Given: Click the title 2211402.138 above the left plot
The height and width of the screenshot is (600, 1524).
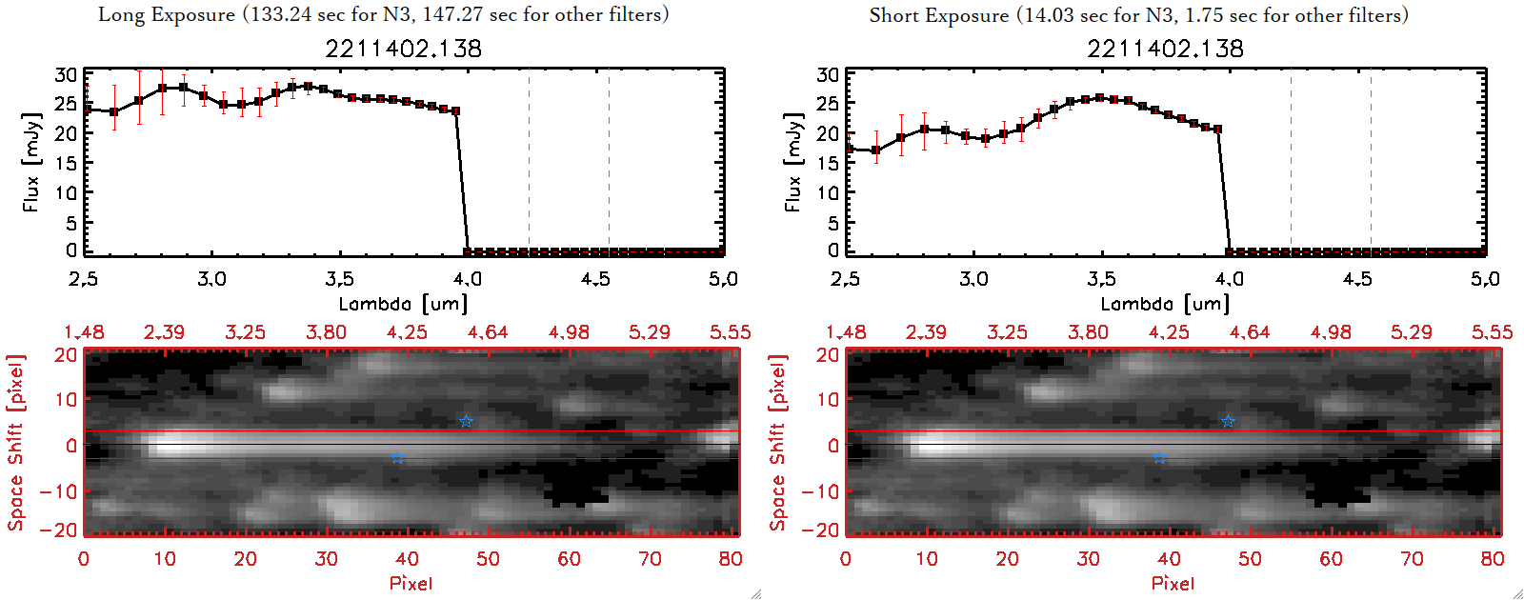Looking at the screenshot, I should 403,49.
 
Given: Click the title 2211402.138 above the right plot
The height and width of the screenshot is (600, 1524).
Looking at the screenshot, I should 1165,49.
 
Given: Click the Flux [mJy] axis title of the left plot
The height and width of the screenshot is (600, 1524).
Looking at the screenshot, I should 31,162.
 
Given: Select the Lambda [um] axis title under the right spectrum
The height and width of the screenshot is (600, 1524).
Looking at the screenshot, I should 1165,304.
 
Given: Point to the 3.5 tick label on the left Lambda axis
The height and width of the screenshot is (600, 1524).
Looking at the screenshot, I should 339,279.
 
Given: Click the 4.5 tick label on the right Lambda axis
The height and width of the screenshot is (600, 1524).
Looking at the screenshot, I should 1357,279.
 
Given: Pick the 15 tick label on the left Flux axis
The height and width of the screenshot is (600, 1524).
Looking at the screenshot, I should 66,163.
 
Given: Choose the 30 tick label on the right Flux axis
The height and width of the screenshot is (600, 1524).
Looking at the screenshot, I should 828,74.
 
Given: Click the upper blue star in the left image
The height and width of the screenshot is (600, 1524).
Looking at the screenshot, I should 466,421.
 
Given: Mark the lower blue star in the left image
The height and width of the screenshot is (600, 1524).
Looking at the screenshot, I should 397,458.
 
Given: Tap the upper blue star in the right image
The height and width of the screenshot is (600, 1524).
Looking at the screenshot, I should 1228,421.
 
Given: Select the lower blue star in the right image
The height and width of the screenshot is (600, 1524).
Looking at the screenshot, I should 1159,458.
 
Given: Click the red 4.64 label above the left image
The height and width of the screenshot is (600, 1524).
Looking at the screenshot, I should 488,332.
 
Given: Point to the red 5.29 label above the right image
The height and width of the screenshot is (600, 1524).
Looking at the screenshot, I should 1411,332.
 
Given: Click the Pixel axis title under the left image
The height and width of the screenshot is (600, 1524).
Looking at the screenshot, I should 411,583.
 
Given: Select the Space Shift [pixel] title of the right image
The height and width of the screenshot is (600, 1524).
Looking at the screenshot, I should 778,443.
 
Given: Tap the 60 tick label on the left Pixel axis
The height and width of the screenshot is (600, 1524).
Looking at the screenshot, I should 569,559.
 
